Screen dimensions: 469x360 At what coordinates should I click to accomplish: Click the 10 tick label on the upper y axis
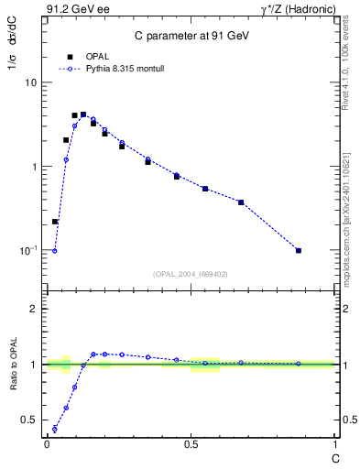point(30,82)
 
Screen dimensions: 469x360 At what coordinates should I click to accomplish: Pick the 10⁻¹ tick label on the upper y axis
point(28,250)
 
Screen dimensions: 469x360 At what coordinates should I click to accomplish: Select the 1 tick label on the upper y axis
point(33,167)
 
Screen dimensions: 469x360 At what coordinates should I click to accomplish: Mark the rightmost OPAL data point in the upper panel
point(299,250)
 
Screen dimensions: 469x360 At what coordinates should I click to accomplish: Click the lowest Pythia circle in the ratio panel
point(55,429)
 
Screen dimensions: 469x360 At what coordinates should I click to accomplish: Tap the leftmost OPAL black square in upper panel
point(55,222)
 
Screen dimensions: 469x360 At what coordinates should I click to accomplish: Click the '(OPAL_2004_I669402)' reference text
point(191,273)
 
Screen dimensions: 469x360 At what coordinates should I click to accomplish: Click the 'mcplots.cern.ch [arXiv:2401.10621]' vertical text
point(346,211)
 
